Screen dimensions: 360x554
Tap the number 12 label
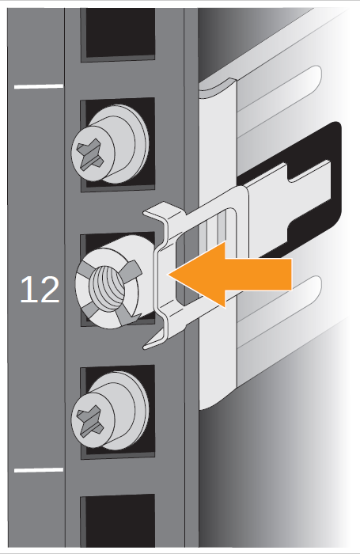tap(40, 290)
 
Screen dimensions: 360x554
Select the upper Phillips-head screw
tap(109, 144)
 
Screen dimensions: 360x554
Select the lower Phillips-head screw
tap(109, 411)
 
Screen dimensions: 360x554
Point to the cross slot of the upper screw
tap(90, 155)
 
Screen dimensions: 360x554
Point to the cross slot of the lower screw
tap(90, 422)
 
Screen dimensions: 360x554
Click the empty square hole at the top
tap(118, 33)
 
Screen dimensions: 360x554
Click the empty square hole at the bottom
tap(118, 521)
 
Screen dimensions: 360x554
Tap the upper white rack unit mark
tap(39, 85)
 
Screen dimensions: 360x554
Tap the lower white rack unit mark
tap(39, 470)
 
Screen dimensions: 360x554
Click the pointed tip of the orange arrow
tap(169, 275)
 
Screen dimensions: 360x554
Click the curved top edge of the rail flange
tap(218, 84)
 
